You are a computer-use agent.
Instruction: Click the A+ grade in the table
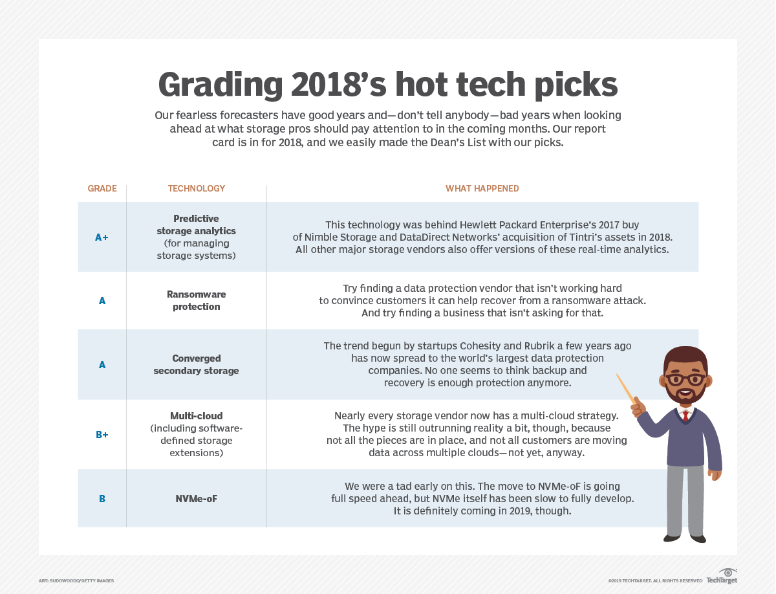(x=102, y=237)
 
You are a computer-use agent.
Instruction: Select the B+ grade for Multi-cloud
(x=102, y=435)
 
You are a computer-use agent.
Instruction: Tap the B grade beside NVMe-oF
(x=102, y=499)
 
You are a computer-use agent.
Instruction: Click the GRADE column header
(x=102, y=188)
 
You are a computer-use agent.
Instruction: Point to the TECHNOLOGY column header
(x=197, y=188)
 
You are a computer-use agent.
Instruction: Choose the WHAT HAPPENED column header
(x=482, y=188)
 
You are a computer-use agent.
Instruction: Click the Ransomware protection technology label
(x=197, y=300)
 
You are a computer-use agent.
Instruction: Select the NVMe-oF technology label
(x=197, y=499)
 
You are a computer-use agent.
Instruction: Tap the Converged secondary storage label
(x=197, y=364)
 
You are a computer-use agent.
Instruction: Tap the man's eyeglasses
(x=686, y=379)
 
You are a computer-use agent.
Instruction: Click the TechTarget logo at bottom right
(x=722, y=577)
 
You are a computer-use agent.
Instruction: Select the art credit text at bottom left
(x=76, y=580)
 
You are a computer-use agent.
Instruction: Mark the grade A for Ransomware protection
(x=102, y=300)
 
